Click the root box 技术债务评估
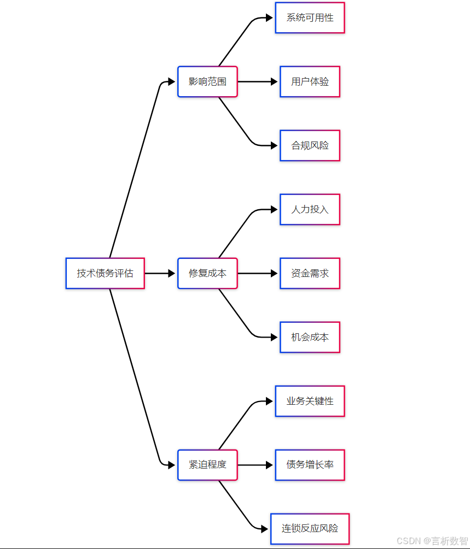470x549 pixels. pos(105,273)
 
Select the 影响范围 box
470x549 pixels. pos(207,82)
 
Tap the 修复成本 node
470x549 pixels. pos(207,273)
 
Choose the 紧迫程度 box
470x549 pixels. pos(207,465)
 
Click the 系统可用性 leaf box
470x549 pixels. pos(310,18)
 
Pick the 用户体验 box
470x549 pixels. pos(310,82)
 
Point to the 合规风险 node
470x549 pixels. pos(310,146)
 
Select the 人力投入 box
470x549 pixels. pos(310,209)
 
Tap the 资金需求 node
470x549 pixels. pos(310,273)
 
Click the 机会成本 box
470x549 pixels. pos(310,337)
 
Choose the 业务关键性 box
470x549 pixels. pos(310,401)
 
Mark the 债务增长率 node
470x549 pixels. pos(310,465)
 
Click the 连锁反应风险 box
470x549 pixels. pos(310,529)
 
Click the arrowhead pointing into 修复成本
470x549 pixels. pos(171,273)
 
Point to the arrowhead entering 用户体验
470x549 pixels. pos(274,82)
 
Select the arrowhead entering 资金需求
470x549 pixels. pos(274,273)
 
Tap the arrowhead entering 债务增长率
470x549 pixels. pos(269,465)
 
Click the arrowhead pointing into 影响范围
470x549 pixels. pos(171,82)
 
